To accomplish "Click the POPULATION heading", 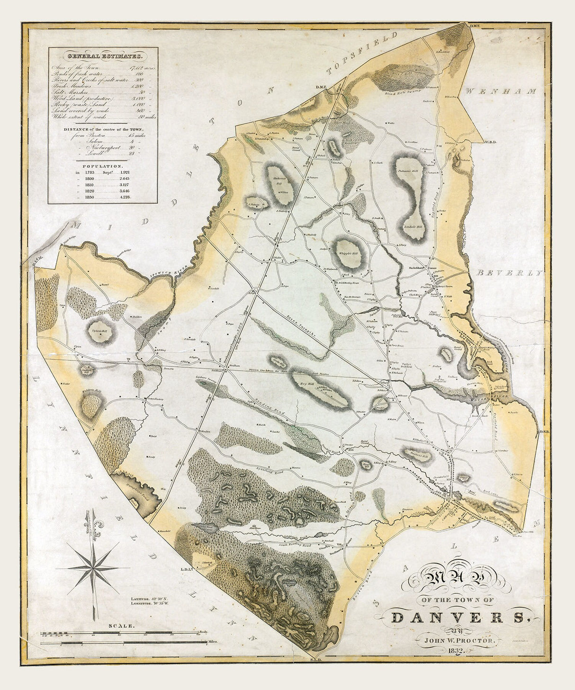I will [x=103, y=167].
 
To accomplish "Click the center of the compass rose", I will [x=94, y=567].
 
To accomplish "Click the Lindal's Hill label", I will [x=413, y=226].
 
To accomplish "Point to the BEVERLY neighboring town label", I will [x=509, y=273].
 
